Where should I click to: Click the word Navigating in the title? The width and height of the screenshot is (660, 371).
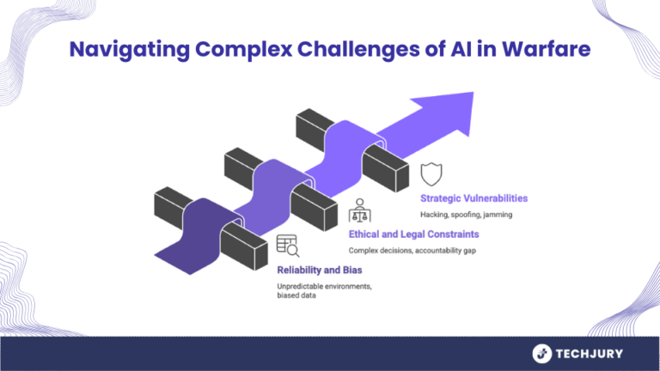pyautogui.click(x=130, y=50)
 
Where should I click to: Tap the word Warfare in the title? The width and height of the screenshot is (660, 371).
pyautogui.click(x=547, y=49)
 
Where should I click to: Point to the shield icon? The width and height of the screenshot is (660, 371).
pyautogui.click(x=431, y=174)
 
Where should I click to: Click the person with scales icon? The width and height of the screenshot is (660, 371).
pyautogui.click(x=359, y=210)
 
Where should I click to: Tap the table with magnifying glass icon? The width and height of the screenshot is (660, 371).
pyautogui.click(x=288, y=246)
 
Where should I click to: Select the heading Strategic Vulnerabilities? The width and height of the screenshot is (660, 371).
pyautogui.click(x=474, y=198)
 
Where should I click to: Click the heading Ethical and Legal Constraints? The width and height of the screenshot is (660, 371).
pyautogui.click(x=413, y=234)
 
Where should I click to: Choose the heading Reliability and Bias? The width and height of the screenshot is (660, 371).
pyautogui.click(x=320, y=270)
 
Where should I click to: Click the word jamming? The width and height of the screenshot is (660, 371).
pyautogui.click(x=498, y=215)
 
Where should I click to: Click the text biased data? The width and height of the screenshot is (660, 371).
pyautogui.click(x=296, y=295)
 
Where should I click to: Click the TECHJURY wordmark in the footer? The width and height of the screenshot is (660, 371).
pyautogui.click(x=590, y=354)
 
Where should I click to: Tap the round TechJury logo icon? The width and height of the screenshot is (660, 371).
pyautogui.click(x=542, y=354)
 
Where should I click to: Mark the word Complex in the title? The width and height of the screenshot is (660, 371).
pyautogui.click(x=244, y=50)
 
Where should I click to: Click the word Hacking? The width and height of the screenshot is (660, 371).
pyautogui.click(x=434, y=215)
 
